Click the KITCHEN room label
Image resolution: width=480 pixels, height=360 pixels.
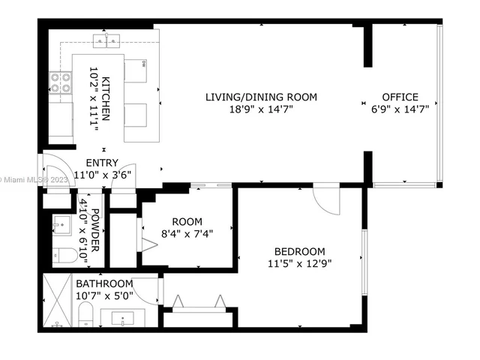pos(106,97)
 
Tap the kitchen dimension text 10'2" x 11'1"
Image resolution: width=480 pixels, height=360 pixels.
pos(94,97)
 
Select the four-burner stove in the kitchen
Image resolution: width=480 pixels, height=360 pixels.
pos(60,82)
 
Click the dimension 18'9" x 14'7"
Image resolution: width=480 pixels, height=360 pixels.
pos(261,109)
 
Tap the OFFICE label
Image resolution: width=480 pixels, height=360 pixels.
pos(400,97)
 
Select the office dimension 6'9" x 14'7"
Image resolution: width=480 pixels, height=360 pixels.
pos(400,109)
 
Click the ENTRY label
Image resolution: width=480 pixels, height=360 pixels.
pos(101,163)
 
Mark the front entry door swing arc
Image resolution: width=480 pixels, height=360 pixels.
pos(56,166)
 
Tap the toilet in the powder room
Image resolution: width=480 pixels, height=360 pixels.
pos(65,255)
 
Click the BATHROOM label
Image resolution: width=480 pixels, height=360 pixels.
pos(104,283)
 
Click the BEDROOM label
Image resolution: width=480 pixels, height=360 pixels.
pos(299,251)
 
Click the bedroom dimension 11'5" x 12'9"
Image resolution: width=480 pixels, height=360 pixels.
pos(299,263)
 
